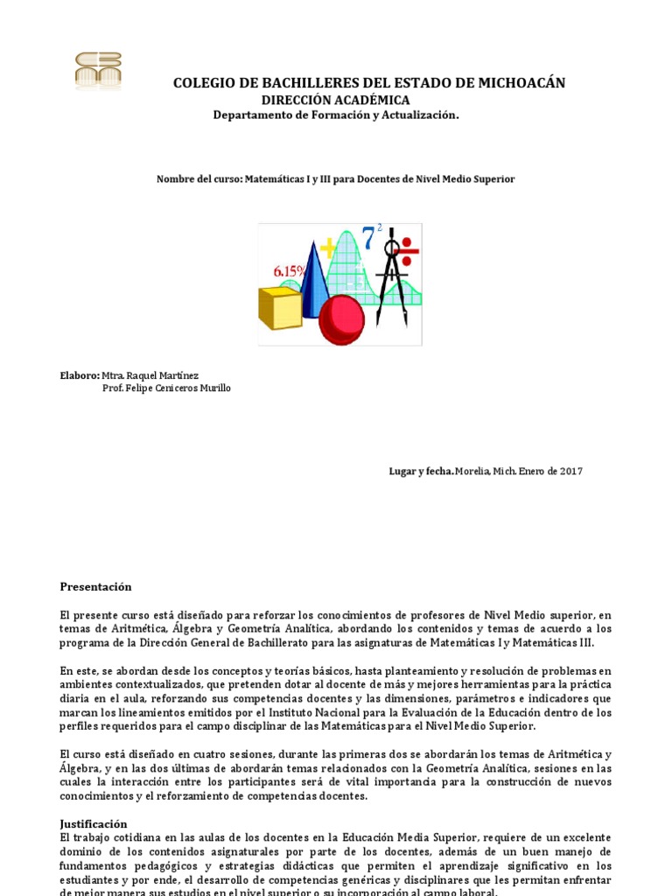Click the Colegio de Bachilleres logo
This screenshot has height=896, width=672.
(98, 71)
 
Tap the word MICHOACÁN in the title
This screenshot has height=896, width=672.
(521, 83)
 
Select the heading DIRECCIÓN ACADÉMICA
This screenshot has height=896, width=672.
(336, 100)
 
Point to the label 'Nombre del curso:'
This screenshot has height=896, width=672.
(199, 178)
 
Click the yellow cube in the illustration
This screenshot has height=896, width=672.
(280, 307)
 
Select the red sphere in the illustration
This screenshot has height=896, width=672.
(341, 320)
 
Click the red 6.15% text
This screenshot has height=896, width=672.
(290, 271)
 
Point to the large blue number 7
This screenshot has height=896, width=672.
(369, 239)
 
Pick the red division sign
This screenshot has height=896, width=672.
(407, 251)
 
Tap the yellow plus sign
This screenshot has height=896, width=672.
(328, 249)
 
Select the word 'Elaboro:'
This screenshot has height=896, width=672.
(79, 374)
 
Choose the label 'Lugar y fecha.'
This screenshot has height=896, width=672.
(421, 472)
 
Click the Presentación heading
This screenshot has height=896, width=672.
(95, 586)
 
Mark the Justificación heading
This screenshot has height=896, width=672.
(94, 823)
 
